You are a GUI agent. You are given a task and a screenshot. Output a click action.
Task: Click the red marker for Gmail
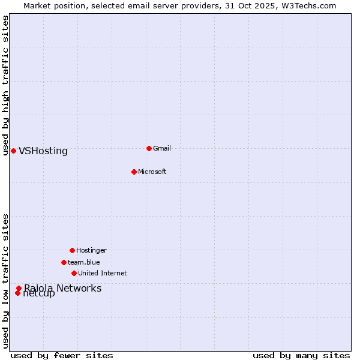(x=149, y=148)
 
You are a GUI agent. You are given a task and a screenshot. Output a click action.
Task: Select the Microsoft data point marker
(x=134, y=172)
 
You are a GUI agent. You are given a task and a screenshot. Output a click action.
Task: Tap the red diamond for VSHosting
(x=13, y=151)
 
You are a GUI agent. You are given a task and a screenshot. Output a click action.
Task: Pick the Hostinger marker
(x=72, y=250)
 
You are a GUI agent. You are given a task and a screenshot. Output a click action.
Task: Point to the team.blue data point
(x=64, y=262)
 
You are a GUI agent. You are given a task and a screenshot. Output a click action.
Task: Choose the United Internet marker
(x=74, y=273)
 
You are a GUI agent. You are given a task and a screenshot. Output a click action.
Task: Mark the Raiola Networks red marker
(x=19, y=288)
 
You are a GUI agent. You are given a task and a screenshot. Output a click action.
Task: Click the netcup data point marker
(x=18, y=293)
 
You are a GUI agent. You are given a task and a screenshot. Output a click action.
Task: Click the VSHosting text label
(x=43, y=151)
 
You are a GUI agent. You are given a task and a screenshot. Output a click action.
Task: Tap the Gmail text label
(x=162, y=148)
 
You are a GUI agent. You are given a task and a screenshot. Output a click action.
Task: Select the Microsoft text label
(x=152, y=172)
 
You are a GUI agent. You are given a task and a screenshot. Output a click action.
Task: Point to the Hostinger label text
(x=91, y=250)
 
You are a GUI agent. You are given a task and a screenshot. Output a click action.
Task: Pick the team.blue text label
(x=84, y=262)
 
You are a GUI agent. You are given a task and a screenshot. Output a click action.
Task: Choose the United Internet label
(x=103, y=273)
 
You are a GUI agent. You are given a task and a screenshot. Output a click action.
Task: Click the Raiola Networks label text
(x=63, y=288)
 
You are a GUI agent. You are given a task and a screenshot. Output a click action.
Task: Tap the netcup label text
(x=40, y=294)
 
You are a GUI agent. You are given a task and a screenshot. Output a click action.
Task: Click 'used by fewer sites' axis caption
(x=62, y=356)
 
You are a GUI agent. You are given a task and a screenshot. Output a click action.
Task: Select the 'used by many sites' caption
(x=301, y=356)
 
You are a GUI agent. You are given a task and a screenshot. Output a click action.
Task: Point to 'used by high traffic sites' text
(x=5, y=85)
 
